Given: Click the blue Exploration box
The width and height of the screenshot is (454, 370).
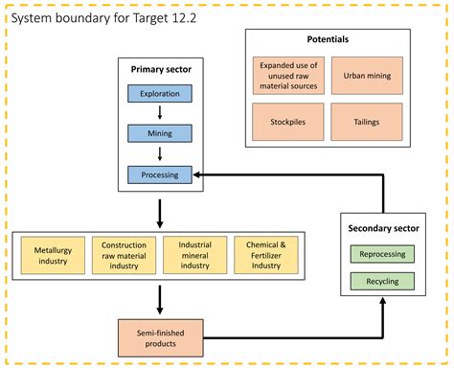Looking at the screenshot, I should [x=160, y=95].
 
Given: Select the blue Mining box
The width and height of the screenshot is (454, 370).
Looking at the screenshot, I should [x=160, y=134].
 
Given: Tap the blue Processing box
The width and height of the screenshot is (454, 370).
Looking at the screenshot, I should [x=160, y=174].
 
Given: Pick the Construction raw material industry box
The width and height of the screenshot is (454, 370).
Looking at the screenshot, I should [x=124, y=254].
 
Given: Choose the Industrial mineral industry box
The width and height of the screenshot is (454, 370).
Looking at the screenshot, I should [x=194, y=254].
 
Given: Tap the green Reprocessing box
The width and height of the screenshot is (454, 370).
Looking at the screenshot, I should [x=382, y=254].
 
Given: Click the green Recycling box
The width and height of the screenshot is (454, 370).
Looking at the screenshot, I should [x=382, y=282].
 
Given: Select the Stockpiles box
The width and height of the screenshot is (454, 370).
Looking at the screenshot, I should [x=288, y=122].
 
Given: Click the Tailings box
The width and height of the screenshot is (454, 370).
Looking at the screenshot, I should [x=366, y=122].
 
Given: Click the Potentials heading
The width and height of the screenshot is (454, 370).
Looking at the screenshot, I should [x=329, y=40].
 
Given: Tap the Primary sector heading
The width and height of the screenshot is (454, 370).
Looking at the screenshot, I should [x=160, y=69].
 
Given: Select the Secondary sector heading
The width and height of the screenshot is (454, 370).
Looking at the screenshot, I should [x=382, y=229].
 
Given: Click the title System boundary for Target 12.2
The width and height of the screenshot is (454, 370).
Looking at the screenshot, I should [x=106, y=17].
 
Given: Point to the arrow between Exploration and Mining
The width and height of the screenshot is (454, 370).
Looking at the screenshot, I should [x=160, y=114].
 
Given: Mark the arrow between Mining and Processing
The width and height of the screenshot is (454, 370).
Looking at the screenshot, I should [x=160, y=154].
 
